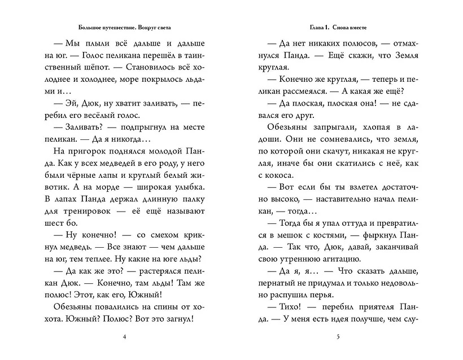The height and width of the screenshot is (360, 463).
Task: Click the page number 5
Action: pos(337,337)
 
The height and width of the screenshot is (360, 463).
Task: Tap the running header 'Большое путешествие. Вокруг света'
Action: pos(125,27)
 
